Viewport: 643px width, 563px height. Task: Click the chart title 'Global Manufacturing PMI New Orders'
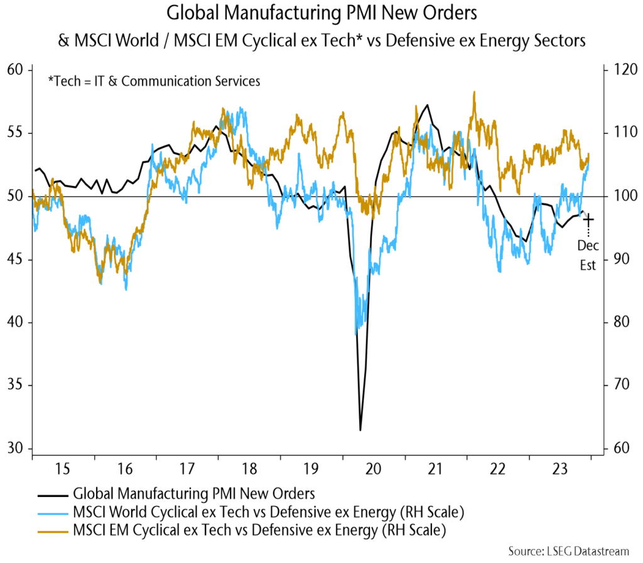pos(321,14)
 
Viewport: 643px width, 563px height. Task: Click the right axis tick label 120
pos(619,70)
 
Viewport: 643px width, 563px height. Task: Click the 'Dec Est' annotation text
pos(588,255)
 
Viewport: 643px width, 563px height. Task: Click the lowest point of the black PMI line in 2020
pos(360,430)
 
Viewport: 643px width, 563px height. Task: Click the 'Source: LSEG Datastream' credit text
pos(568,551)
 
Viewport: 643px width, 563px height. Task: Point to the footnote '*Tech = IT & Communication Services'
pos(154,80)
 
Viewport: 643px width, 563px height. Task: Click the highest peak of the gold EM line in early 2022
pos(474,92)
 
